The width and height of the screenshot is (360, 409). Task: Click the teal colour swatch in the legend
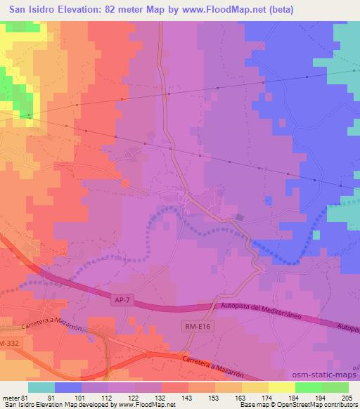click(41, 387)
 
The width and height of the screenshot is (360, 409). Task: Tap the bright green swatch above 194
click(309, 387)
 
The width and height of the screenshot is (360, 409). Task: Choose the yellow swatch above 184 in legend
click(282, 387)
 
